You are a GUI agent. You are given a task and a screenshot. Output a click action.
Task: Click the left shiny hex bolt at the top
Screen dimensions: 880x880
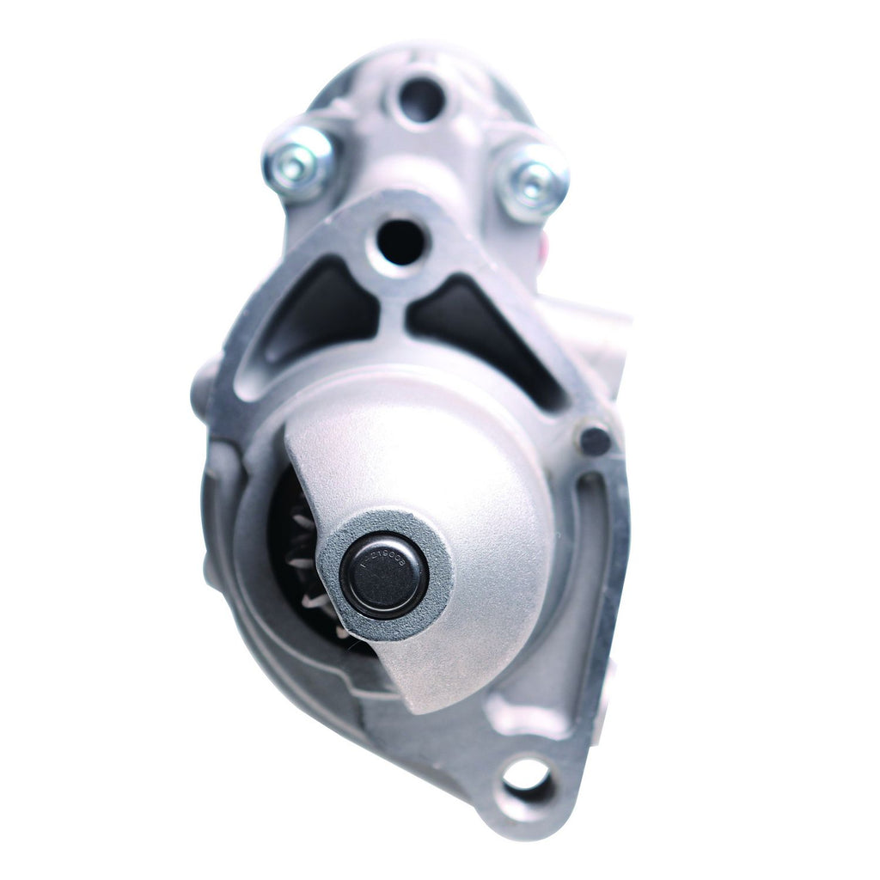pos(297,163)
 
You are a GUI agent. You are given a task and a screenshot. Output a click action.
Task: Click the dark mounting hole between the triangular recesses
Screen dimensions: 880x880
pos(400,242)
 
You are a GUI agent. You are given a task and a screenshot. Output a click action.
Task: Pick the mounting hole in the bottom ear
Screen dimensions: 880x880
pos(526,776)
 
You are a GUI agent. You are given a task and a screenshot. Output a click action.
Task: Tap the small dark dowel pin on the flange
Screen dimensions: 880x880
pos(595,440)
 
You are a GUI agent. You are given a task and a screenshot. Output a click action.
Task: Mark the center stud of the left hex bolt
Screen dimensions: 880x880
pos(294,165)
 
